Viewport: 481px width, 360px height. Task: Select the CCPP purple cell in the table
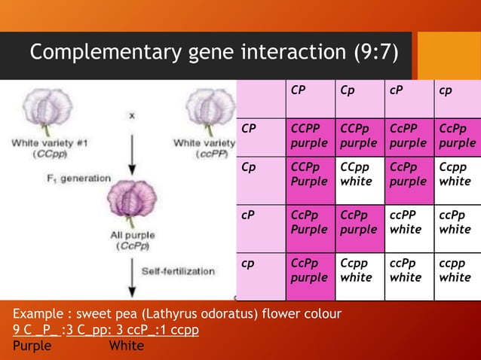pos(309,136)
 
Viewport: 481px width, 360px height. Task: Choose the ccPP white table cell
pos(406,222)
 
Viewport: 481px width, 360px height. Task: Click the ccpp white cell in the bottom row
pos(455,271)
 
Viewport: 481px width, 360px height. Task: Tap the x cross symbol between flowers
pos(131,115)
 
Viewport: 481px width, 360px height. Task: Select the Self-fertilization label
pos(179,270)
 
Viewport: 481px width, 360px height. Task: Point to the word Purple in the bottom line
pos(32,346)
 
